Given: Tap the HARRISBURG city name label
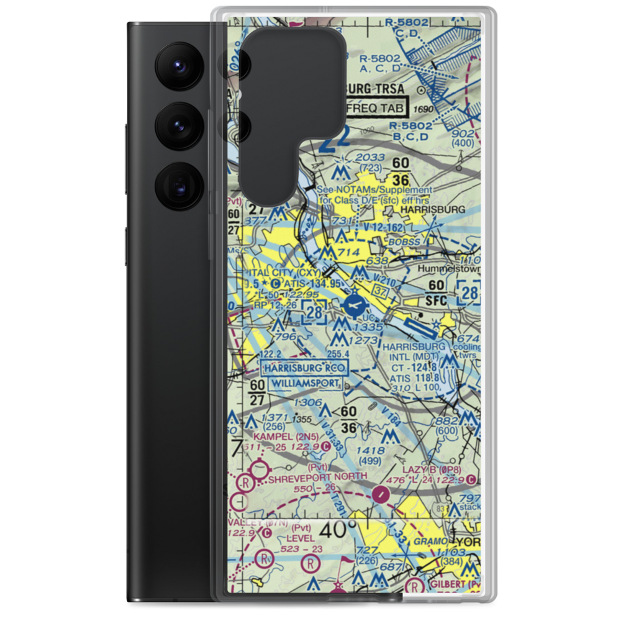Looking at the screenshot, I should [433, 211].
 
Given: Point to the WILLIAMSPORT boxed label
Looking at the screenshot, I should [302, 383].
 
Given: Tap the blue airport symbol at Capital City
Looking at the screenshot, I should [355, 305].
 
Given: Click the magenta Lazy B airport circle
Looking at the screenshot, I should [473, 480].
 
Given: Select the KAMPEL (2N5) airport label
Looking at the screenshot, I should [278, 437].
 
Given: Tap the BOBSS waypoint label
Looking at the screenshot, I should [415, 240].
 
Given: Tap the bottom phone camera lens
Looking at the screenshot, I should [179, 185].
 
